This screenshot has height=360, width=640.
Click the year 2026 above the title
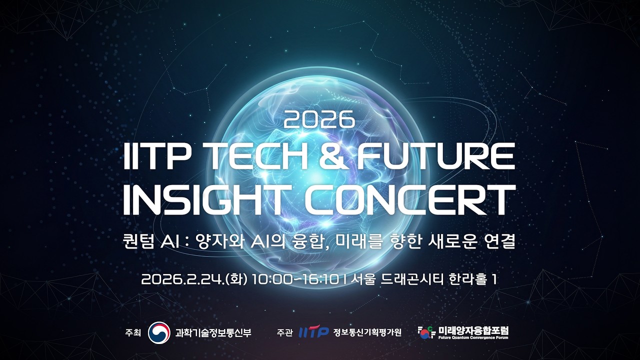(x=319, y=119)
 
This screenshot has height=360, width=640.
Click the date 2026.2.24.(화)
(x=194, y=279)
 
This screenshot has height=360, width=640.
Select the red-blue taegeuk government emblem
(x=159, y=332)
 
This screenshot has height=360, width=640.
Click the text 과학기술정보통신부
(x=213, y=332)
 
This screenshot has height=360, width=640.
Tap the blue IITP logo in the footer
(x=313, y=332)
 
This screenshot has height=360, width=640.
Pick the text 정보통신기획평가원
(x=367, y=332)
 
